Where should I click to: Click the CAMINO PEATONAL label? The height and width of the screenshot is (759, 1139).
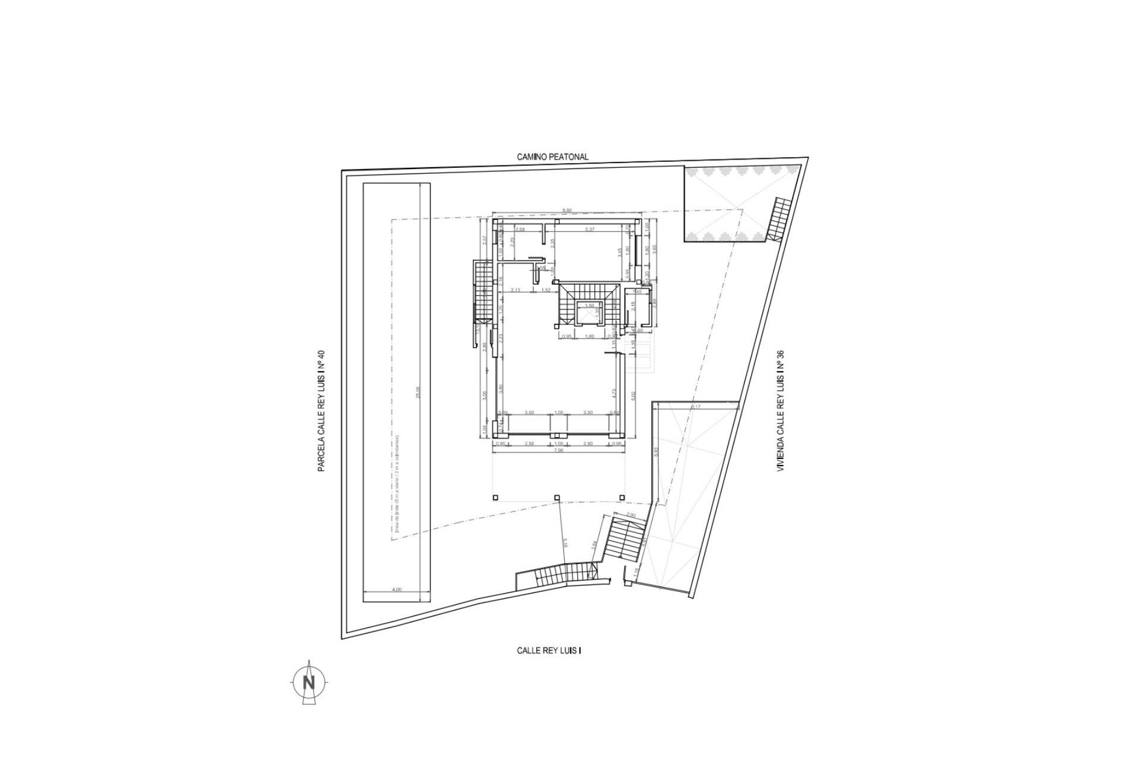tap(552, 157)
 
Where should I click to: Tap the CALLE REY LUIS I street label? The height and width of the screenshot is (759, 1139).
tap(549, 650)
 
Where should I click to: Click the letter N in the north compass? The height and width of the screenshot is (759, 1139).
tap(308, 683)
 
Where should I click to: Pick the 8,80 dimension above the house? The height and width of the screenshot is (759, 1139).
tap(567, 211)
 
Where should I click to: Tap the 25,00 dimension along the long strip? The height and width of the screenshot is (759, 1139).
tap(418, 393)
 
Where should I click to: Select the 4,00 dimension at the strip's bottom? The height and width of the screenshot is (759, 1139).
tap(397, 589)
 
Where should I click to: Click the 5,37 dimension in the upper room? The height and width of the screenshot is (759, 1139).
tap(590, 229)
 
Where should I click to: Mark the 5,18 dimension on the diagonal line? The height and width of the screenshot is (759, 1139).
tap(565, 541)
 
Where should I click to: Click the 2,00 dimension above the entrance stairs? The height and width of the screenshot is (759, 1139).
tap(630, 515)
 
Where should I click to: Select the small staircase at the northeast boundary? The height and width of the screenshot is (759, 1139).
tap(781, 219)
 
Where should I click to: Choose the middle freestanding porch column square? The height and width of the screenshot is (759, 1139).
tap(557, 498)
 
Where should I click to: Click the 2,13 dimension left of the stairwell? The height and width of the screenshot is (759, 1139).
tap(515, 290)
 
